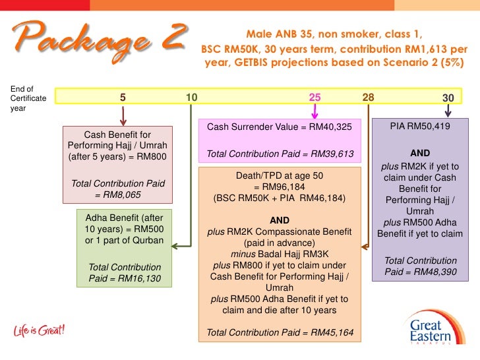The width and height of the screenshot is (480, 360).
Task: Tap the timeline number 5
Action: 123,98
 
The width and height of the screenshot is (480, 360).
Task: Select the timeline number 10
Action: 192,98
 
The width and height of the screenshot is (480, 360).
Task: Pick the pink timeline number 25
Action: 315,98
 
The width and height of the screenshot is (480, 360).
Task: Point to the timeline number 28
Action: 368,98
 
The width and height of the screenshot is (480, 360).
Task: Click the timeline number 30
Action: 448,98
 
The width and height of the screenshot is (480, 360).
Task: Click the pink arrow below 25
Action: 315,111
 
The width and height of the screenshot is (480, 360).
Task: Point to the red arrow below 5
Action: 123,115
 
